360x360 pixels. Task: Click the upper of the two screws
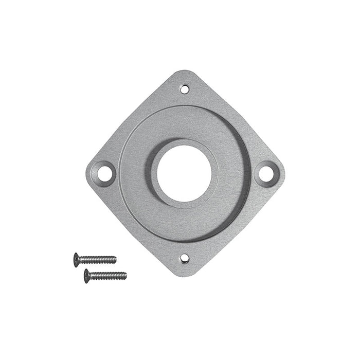[96, 258]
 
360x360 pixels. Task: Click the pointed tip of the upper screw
[116, 259]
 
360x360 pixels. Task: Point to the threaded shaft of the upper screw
[100, 259]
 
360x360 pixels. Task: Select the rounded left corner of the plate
[88, 170]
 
